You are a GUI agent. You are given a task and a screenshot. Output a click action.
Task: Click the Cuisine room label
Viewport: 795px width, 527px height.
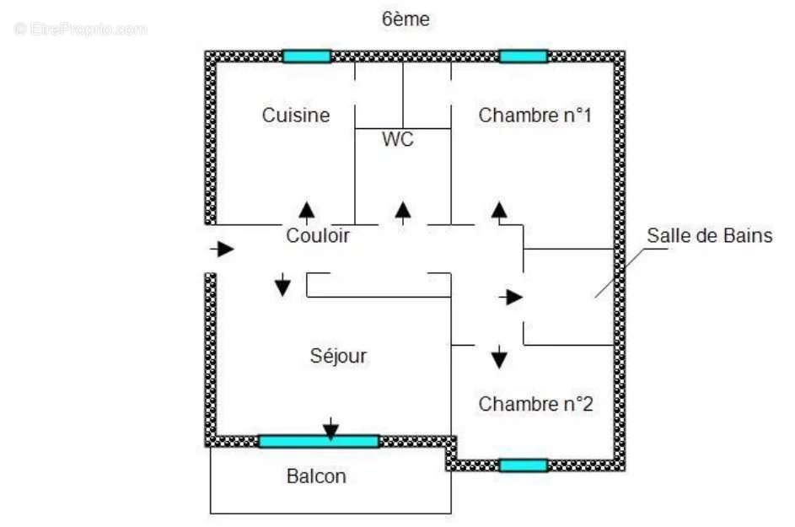(x=296, y=115)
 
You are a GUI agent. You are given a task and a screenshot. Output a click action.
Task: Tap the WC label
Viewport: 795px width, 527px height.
(x=398, y=140)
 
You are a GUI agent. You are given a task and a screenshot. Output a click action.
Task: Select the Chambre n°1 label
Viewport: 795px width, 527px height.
(x=534, y=115)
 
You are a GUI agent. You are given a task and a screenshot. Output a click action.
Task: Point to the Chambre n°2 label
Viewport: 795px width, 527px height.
(x=536, y=404)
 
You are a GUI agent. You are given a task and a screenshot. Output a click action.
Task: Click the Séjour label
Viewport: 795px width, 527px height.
(x=338, y=356)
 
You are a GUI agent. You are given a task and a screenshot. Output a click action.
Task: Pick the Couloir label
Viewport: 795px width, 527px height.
(x=318, y=236)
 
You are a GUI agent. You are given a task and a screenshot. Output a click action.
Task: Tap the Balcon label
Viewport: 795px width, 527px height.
(x=316, y=476)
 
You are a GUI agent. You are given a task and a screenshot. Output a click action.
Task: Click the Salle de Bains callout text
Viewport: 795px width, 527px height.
(x=709, y=235)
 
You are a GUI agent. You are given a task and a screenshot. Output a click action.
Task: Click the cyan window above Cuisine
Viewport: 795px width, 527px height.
(x=307, y=56)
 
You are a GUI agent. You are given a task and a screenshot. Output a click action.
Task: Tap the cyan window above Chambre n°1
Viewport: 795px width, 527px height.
(x=523, y=56)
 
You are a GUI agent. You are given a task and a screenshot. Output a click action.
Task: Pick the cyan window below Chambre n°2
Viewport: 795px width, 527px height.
(x=523, y=465)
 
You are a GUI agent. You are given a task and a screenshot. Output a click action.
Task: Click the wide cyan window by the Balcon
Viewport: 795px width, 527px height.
(x=319, y=441)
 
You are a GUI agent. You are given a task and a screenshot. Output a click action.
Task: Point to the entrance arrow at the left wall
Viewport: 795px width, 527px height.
(x=223, y=249)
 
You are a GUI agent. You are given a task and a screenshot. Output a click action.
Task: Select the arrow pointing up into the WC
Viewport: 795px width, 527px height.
(x=404, y=211)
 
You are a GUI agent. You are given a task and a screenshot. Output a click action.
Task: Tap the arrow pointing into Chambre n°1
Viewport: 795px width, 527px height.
(x=500, y=211)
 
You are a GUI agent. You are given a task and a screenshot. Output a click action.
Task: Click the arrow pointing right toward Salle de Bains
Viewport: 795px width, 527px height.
(x=511, y=297)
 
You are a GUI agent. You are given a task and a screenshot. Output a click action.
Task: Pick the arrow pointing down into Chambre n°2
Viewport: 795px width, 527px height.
(x=499, y=357)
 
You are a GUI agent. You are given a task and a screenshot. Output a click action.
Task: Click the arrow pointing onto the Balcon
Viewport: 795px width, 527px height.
(x=331, y=428)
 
